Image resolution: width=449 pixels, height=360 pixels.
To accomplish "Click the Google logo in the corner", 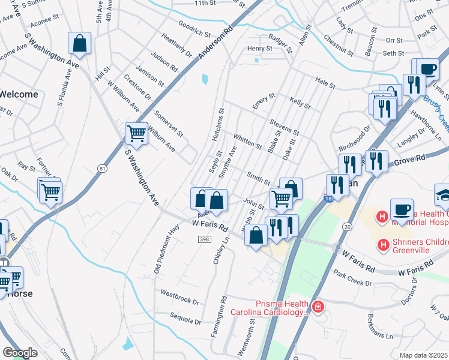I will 20,353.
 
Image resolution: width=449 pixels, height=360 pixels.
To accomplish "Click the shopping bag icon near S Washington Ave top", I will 79,44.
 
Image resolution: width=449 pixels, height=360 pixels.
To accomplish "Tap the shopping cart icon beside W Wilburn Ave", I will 137,134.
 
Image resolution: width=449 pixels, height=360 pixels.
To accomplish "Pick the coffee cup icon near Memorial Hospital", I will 402,210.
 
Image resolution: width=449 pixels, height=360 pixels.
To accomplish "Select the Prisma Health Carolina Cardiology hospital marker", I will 317,308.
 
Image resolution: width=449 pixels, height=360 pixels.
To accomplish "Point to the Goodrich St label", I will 194,27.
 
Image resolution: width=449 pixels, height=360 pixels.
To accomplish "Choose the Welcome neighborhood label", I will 19,94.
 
